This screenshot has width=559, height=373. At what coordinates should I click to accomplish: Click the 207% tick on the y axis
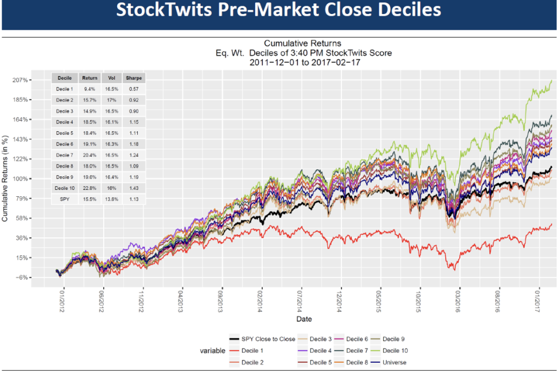(x=21, y=80)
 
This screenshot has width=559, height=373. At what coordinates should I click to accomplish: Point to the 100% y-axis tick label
(x=21, y=179)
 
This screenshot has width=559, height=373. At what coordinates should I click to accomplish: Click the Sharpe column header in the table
(x=134, y=78)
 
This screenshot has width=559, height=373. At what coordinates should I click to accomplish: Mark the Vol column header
(x=112, y=78)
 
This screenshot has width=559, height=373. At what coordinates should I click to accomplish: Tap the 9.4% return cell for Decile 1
(x=90, y=88)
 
